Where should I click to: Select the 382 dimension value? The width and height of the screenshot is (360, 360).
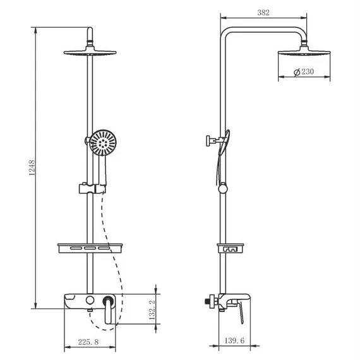click(x=265, y=12)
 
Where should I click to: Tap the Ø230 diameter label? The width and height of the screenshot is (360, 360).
click(x=304, y=72)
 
